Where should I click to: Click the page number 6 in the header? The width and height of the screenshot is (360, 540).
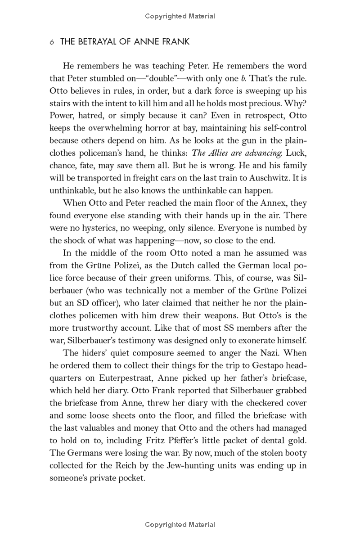point(52,42)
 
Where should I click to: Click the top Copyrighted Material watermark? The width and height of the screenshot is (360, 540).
point(180,16)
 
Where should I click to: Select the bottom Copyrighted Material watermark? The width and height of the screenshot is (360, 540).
point(180,524)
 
